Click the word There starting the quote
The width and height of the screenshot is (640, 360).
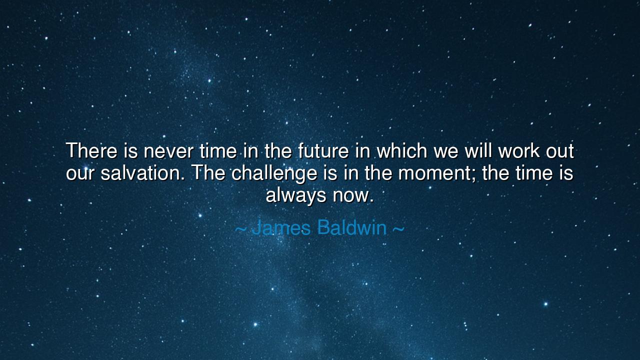coord(91,150)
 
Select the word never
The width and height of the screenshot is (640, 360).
coord(168,151)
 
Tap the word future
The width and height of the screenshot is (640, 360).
coord(323,150)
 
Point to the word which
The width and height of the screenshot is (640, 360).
coord(402,150)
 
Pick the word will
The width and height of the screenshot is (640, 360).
coord(478,150)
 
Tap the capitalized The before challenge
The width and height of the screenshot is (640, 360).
coord(209,173)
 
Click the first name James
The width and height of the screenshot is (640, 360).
coord(281,227)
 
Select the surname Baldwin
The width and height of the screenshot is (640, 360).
coord(352,227)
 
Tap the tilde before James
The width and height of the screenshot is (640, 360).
coord(240,229)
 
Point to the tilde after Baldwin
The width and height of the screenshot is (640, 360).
coord(398,229)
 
